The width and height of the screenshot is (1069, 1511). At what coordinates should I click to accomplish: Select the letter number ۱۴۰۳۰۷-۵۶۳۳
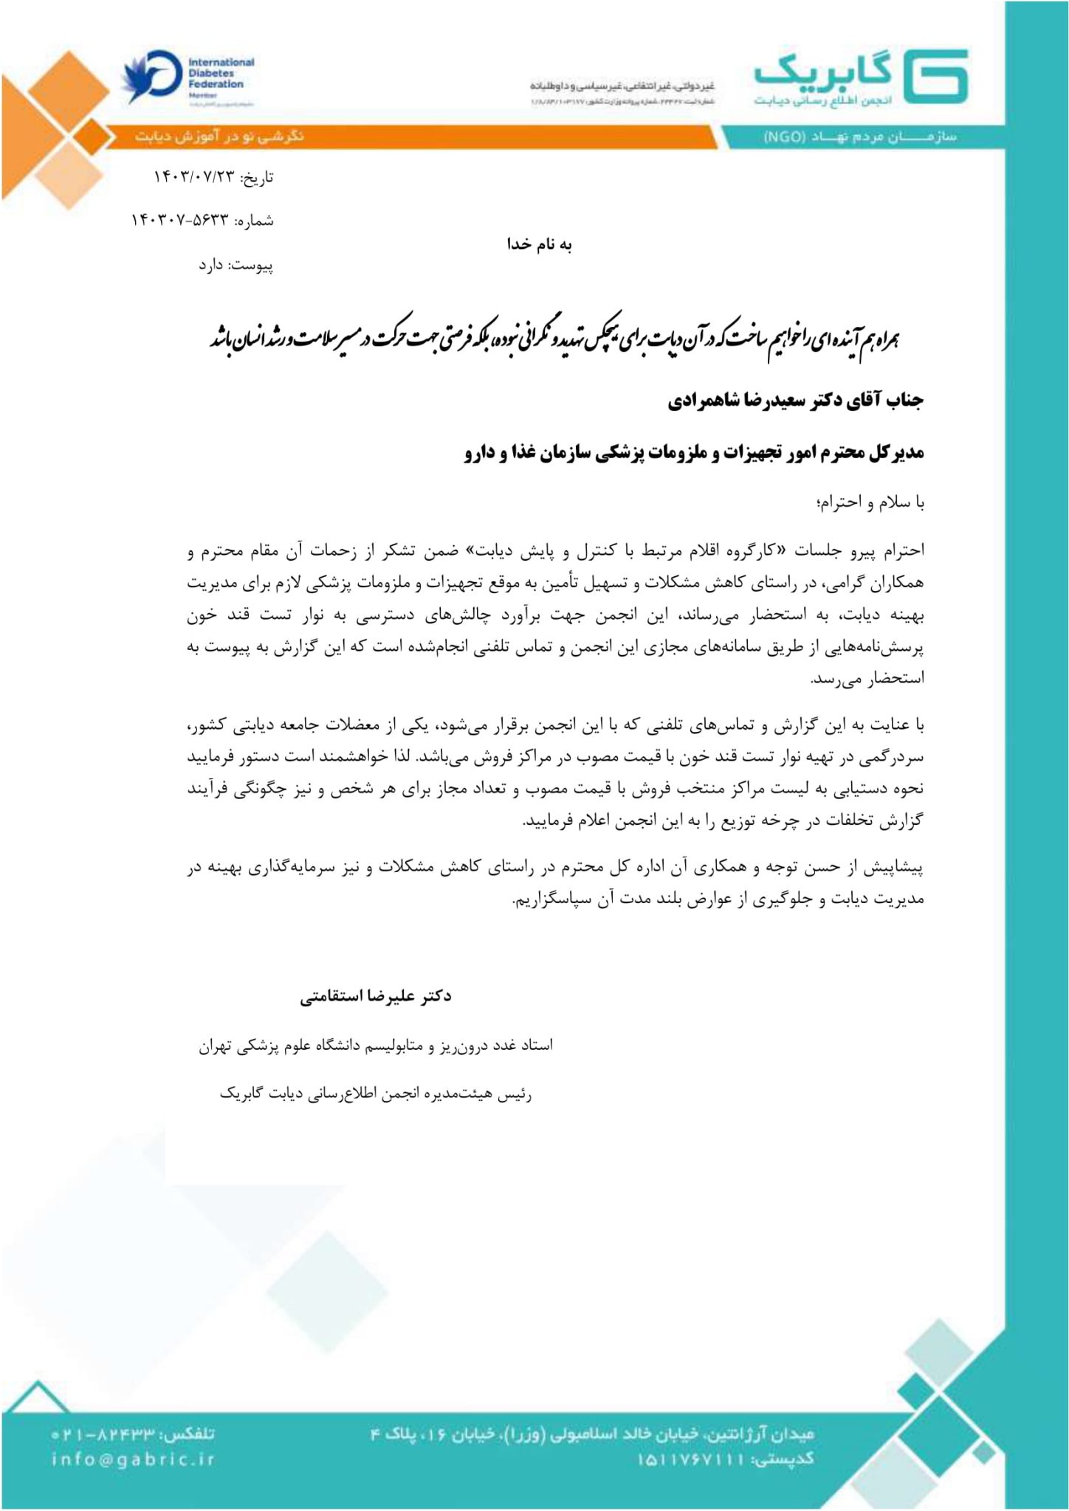pos(182,221)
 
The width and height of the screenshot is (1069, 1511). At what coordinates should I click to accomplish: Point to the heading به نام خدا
pos(539,245)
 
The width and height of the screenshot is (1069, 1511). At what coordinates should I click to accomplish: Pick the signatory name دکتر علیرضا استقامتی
pos(376,997)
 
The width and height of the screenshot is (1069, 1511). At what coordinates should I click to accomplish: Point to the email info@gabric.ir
pos(134,1459)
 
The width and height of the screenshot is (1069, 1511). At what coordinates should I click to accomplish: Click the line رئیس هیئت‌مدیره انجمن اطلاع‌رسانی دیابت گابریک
pos(376,1093)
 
